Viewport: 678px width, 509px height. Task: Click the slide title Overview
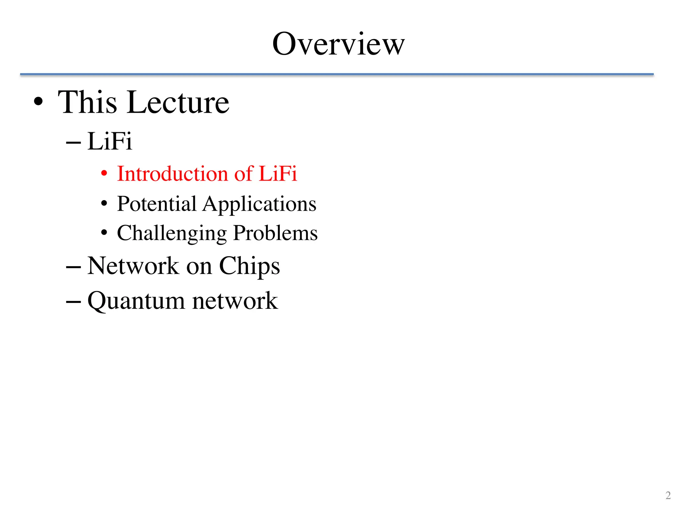tap(338, 44)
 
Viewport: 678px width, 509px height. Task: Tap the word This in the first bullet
tap(87, 102)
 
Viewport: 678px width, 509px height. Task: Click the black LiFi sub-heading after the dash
tap(110, 141)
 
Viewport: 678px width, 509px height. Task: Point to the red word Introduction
tap(172, 174)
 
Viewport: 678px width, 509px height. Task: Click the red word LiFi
tap(278, 174)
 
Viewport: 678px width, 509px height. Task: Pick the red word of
tap(243, 174)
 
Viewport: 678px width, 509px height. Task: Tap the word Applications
tap(260, 204)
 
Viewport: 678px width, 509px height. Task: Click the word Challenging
tap(172, 233)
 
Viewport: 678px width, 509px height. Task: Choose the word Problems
tap(275, 233)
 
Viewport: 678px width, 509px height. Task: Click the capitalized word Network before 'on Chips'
tap(133, 266)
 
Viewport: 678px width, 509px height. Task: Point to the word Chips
tap(250, 266)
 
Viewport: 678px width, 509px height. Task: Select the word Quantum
tap(136, 301)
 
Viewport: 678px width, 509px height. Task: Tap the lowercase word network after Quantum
tap(235, 301)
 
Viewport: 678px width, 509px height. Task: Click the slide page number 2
tap(668, 495)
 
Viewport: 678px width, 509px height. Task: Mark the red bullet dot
tap(104, 173)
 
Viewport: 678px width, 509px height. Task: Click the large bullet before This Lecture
tap(38, 102)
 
